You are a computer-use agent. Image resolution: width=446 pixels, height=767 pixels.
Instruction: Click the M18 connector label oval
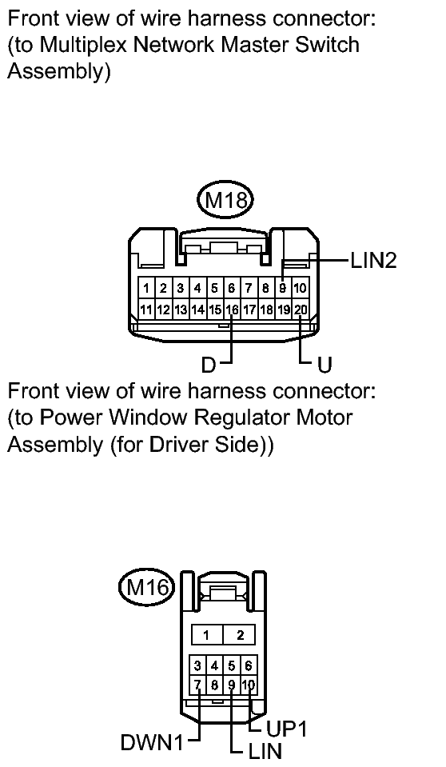[225, 200]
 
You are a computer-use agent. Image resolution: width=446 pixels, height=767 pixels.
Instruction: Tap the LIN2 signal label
[373, 260]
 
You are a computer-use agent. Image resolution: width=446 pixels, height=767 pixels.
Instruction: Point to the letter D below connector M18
[209, 365]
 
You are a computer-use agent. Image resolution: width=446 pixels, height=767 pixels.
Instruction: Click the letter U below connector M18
[325, 365]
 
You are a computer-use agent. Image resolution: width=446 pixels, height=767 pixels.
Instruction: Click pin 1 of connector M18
[147, 288]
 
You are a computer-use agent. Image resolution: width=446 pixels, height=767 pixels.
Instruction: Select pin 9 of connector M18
[283, 288]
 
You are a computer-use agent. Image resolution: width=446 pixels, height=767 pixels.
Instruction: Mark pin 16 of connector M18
[232, 310]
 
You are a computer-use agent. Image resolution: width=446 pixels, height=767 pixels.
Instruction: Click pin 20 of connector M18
[301, 310]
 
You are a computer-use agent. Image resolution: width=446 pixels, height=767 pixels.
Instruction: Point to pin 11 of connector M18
[147, 310]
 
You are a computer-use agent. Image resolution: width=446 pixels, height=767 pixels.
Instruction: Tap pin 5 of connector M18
[215, 288]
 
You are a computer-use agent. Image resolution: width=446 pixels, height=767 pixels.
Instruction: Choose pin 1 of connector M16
[206, 635]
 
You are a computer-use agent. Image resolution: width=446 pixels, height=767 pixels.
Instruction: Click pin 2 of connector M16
[240, 635]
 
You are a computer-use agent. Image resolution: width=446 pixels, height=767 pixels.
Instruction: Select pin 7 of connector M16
[197, 685]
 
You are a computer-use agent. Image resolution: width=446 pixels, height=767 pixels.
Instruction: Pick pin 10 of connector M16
[249, 685]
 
